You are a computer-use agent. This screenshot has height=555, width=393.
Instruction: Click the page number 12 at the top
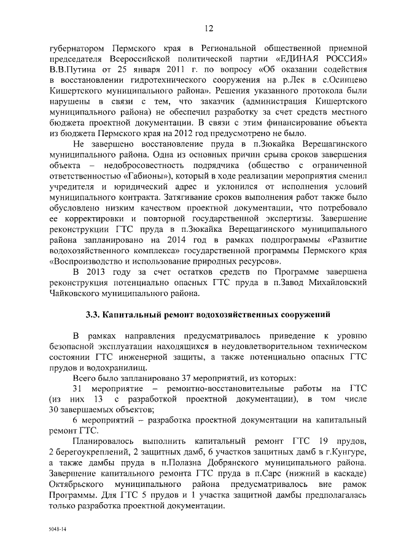208,28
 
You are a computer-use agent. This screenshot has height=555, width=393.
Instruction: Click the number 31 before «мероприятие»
77,388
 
